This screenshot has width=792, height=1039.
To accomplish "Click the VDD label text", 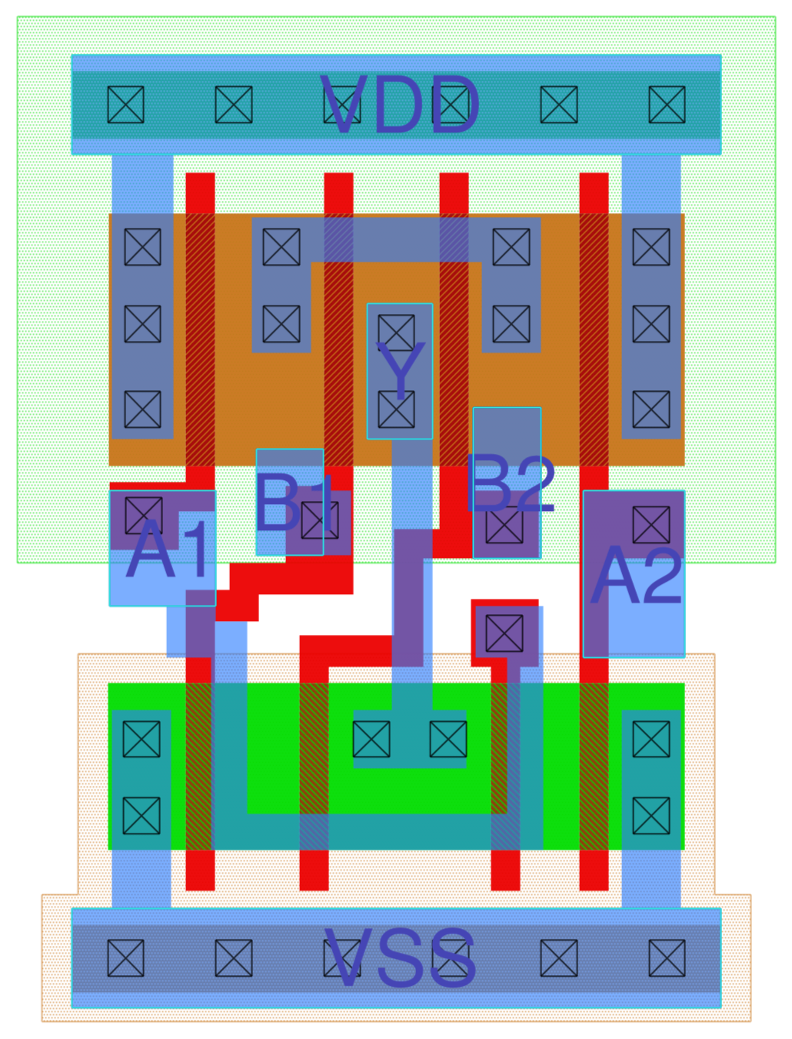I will (400, 106).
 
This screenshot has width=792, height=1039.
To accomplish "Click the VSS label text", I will (400, 958).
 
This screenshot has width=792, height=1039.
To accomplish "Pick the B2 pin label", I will (510, 485).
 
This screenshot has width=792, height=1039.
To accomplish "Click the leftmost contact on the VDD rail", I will (125, 105).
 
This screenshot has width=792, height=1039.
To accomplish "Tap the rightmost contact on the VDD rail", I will (667, 105).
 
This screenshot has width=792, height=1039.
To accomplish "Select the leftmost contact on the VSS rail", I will (125, 958).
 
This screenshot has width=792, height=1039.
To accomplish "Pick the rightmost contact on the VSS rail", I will (667, 958).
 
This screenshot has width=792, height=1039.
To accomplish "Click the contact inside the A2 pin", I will (651, 525).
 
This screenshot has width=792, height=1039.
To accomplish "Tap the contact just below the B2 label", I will (504, 525).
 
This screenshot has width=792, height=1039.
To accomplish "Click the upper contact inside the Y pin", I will (397, 332).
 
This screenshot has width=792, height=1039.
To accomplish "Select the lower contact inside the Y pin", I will (397, 409).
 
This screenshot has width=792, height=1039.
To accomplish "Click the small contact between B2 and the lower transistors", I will (504, 633).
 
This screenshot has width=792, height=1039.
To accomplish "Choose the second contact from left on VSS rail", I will (234, 958).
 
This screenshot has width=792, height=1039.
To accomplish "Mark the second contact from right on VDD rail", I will (559, 105).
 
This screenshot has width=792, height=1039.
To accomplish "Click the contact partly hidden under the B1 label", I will (320, 519).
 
